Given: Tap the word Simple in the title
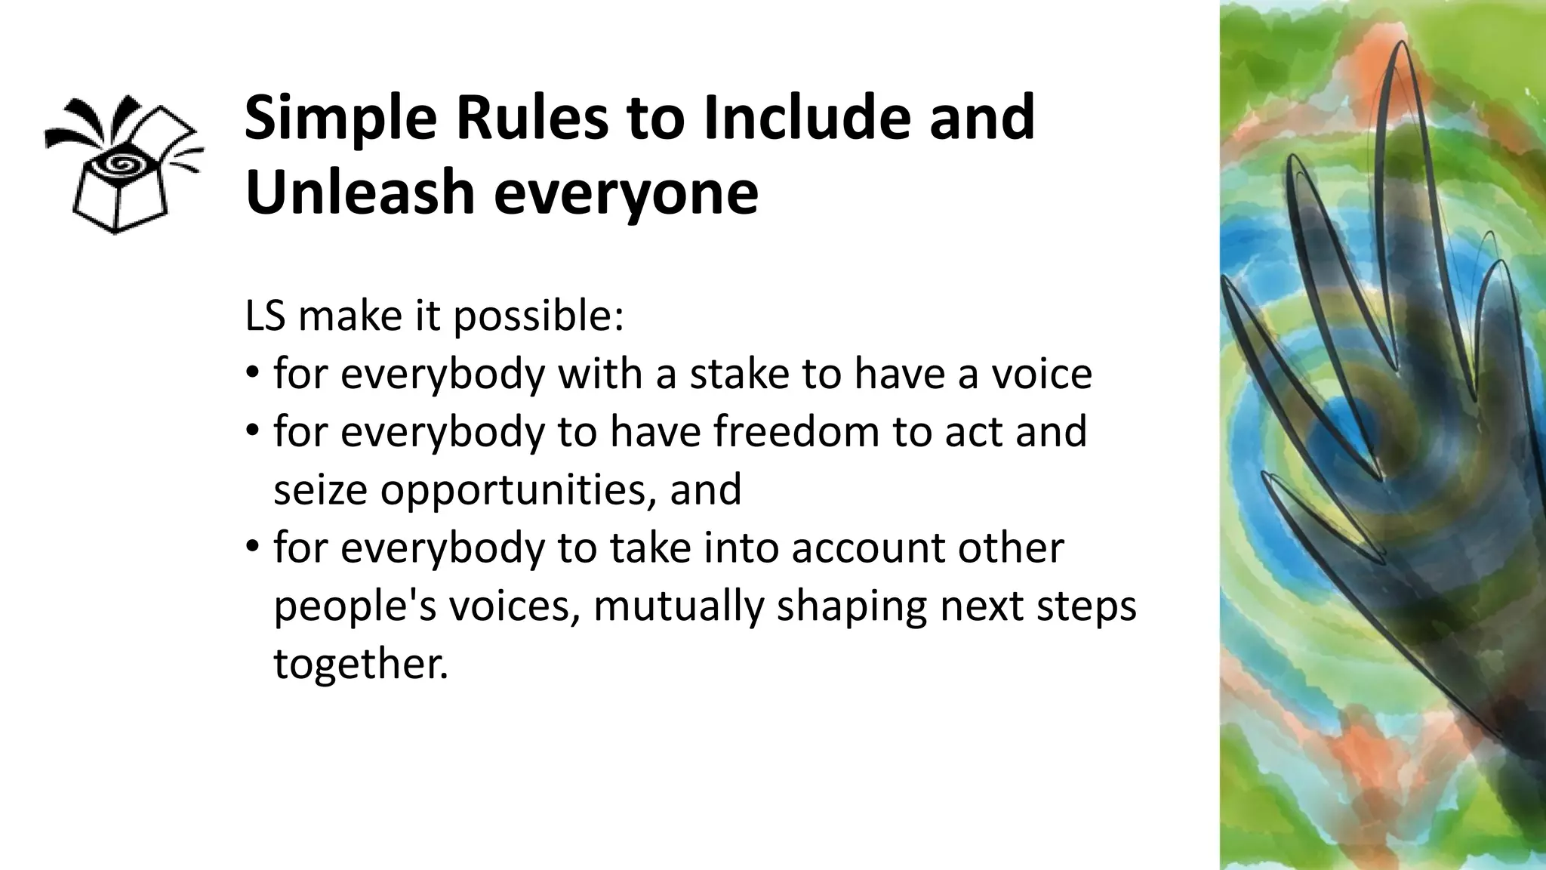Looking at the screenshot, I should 340,119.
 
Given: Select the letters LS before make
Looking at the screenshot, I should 265,316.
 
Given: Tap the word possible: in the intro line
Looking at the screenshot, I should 538,317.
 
